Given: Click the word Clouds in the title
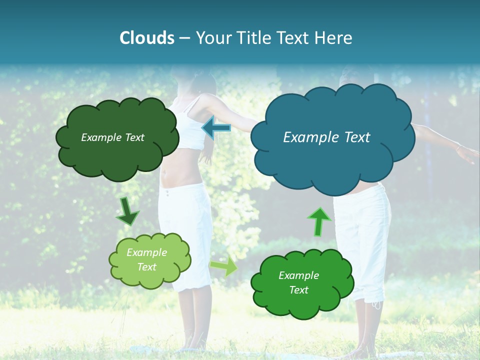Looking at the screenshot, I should (x=146, y=38).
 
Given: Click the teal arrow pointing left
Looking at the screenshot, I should (x=216, y=128).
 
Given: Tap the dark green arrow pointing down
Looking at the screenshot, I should (x=127, y=211).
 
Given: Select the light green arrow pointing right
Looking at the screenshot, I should (x=224, y=266).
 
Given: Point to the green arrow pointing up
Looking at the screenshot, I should (x=318, y=221).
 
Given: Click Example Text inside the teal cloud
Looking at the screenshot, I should (x=326, y=137).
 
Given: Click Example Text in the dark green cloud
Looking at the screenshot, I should (x=112, y=137).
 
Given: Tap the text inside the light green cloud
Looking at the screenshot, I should (x=146, y=259).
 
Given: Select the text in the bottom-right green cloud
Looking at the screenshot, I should (x=298, y=282).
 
